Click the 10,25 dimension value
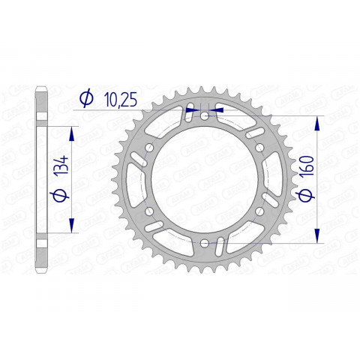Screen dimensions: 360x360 (x=120, y=97)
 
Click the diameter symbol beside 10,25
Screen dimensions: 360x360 (x=85, y=97)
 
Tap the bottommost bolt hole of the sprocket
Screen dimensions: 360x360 (x=205, y=241)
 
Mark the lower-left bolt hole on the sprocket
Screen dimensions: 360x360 (x=149, y=210)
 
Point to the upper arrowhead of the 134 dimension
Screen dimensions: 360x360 (x=73, y=132)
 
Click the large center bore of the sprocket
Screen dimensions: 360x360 (x=205, y=178)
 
